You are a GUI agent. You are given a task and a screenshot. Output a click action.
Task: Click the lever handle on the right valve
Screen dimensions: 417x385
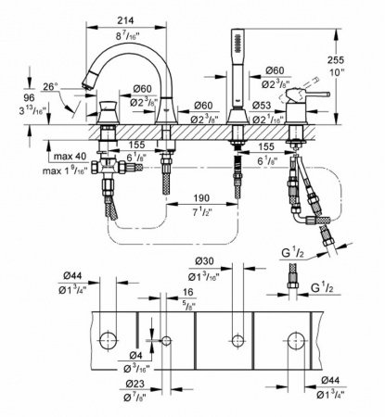click(x=304, y=95)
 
